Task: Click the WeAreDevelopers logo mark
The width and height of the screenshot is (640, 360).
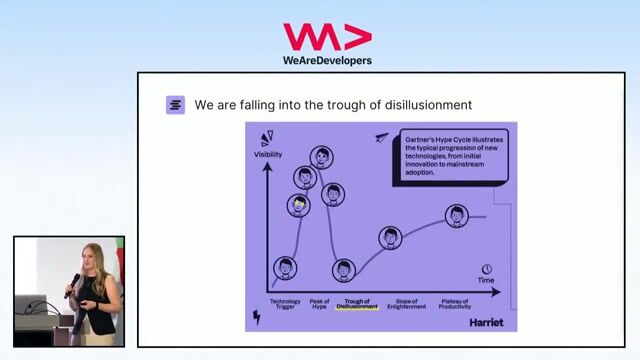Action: [x=327, y=37]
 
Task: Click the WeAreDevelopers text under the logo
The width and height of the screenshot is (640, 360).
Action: [x=327, y=60]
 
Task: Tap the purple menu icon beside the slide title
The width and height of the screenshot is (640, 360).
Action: [x=176, y=105]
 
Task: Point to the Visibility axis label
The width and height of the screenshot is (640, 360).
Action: [x=268, y=155]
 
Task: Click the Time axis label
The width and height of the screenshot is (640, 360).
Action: [x=486, y=280]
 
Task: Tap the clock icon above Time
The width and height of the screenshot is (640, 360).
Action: [x=487, y=269]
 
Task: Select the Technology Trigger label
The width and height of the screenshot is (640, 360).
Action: [x=285, y=304]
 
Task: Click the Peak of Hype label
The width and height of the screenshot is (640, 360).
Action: [x=319, y=304]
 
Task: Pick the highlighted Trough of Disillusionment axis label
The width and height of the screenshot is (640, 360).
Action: [x=357, y=304]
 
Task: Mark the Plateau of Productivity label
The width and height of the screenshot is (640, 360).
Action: [x=455, y=304]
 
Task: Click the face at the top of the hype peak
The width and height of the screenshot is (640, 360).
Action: [x=321, y=157]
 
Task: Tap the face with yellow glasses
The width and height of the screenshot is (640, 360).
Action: [x=299, y=205]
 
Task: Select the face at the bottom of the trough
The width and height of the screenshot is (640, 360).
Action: [x=344, y=269]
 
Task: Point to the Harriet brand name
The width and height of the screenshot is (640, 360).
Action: [x=485, y=322]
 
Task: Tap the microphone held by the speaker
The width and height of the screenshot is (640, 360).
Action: [x=72, y=284]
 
